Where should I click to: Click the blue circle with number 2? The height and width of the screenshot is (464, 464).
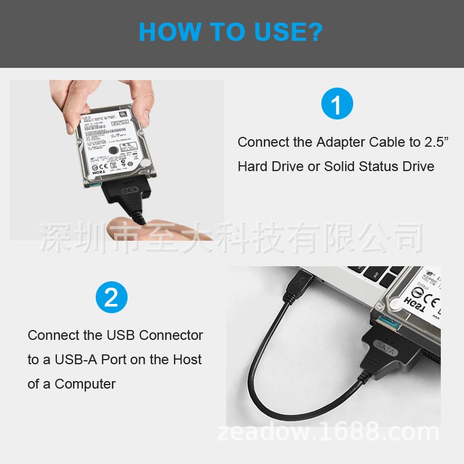(x=111, y=298)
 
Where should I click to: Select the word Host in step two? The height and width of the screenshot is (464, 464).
(x=187, y=360)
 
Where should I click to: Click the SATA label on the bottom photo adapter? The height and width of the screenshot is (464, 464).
(x=385, y=349)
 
